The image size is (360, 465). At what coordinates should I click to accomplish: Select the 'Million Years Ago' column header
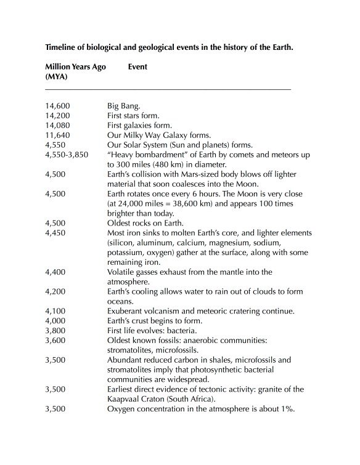[x=75, y=67]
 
